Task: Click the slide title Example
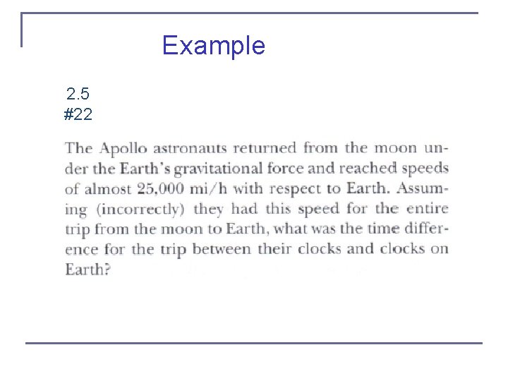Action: tap(213, 46)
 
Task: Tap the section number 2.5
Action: tap(78, 94)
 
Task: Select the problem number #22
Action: tap(78, 114)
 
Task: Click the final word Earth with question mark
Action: tap(87, 270)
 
